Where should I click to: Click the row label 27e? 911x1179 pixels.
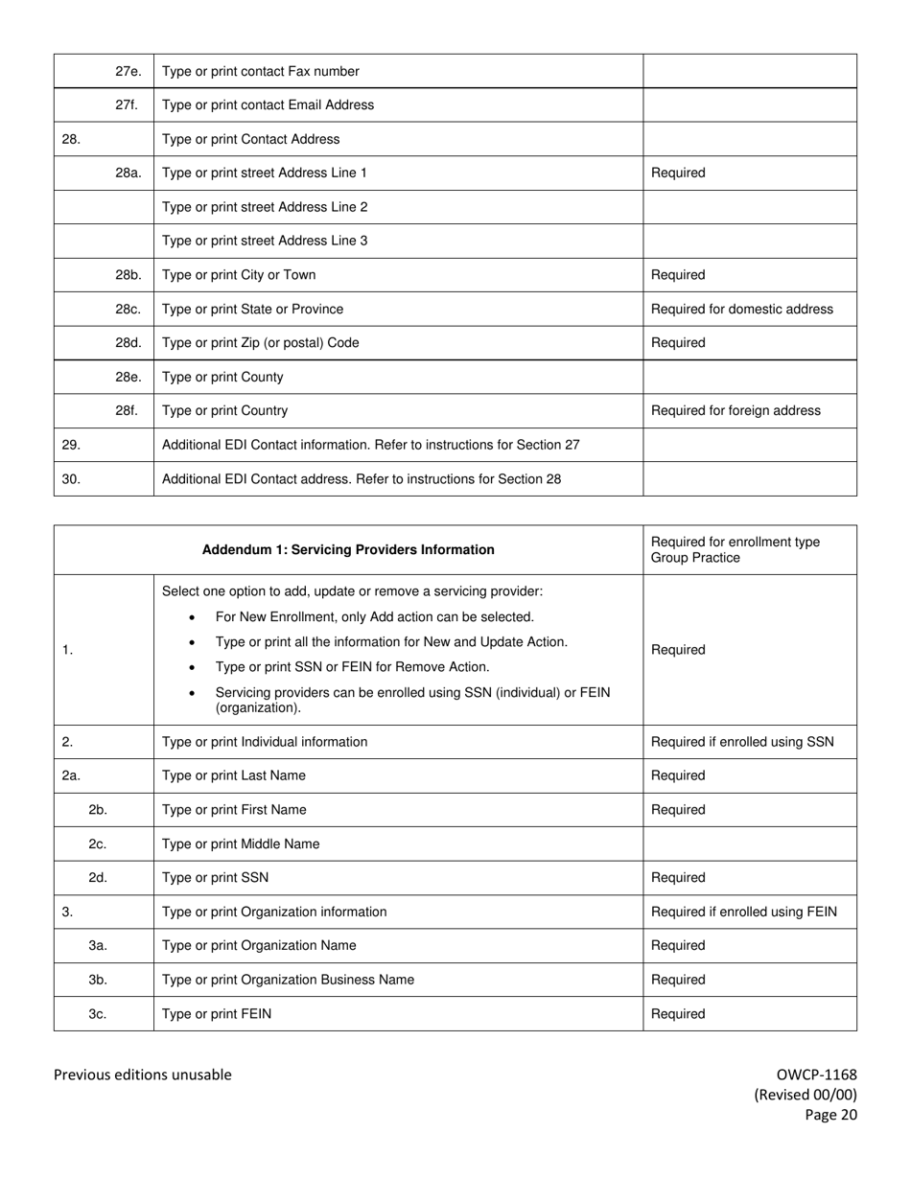coord(128,71)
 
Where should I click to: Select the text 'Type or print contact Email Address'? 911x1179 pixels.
coord(268,105)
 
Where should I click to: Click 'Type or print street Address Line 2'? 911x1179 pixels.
coord(265,207)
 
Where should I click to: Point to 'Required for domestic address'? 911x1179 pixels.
coord(741,309)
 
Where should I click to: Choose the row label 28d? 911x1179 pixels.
coord(128,343)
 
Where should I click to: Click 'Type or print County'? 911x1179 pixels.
coord(222,377)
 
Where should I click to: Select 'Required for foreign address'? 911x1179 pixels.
coord(736,410)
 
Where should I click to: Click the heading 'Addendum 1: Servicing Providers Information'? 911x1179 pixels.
coord(348,550)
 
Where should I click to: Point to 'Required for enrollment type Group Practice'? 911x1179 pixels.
coord(735,550)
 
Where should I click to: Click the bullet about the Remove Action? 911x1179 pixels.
coord(352,667)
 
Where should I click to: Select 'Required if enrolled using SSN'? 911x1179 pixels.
coord(742,742)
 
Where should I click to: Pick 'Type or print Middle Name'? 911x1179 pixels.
coord(241,844)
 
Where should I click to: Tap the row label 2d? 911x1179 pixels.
coord(98,878)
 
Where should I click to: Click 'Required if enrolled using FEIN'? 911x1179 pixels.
coord(743,912)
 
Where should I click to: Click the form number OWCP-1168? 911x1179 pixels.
coord(816,1075)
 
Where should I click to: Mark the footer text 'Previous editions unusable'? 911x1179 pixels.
coord(142,1075)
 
